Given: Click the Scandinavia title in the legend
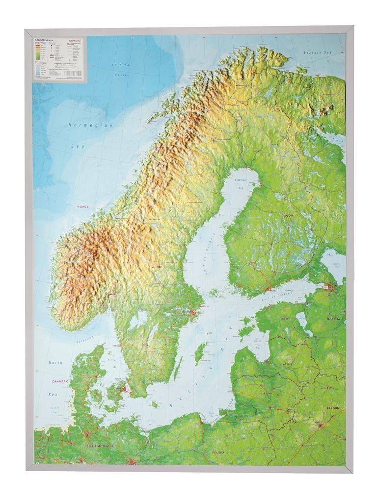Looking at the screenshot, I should coord(45,36).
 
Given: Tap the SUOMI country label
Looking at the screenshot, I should coord(287,215).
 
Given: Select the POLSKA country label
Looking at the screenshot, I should coord(218,452).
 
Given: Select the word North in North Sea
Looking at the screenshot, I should coord(55,363).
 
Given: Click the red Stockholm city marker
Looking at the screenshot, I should coord(194,312).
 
